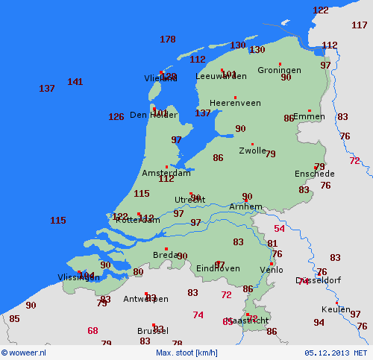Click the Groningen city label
(x=279, y=70)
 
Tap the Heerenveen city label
(x=234, y=103)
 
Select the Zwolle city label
(x=251, y=151)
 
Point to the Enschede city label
(x=315, y=174)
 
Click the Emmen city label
(x=310, y=116)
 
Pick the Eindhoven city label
(x=219, y=268)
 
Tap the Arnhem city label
(x=245, y=206)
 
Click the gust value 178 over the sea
(x=168, y=40)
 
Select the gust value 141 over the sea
(x=75, y=82)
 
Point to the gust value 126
(x=116, y=117)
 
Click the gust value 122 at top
(x=320, y=10)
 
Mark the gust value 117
(x=359, y=25)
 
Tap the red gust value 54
(x=279, y=229)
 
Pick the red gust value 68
(x=93, y=330)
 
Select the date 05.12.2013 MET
(x=336, y=353)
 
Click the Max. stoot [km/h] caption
(x=186, y=353)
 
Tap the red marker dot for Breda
(x=166, y=249)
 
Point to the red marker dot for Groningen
(x=280, y=63)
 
